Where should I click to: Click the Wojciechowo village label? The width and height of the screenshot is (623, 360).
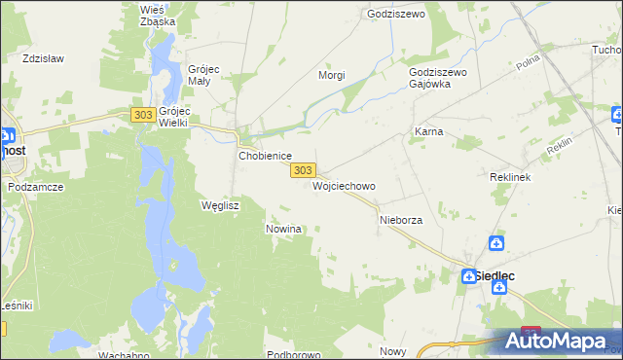pos(344,185)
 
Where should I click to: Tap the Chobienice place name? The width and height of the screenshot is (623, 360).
pos(266,156)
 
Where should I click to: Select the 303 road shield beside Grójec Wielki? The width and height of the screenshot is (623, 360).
pos(142,115)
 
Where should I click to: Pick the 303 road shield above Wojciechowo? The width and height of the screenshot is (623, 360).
pos(302,170)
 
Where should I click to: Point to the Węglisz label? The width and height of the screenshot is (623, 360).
pos(219,205)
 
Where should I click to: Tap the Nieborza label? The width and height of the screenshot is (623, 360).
pos(400,220)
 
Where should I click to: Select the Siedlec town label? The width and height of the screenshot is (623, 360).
pos(495,276)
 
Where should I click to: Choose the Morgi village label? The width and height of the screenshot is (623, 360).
pos(332,75)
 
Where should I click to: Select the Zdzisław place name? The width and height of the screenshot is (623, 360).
pos(43,58)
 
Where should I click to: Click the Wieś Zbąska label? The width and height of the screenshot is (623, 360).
pos(157,15)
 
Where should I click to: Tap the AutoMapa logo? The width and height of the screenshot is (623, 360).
pos(559,342)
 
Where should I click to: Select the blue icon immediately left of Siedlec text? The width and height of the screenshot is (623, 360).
pos(467,276)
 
